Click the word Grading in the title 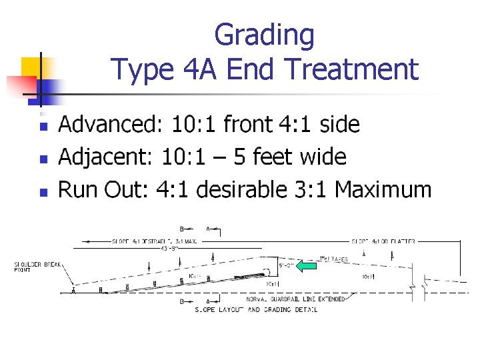click(264, 35)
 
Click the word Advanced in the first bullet click(109, 124)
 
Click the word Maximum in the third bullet click(383, 189)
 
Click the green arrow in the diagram click(306, 266)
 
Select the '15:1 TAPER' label click(333, 259)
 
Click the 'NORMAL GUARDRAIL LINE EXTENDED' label click(296, 299)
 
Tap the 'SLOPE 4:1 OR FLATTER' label click(383, 241)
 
